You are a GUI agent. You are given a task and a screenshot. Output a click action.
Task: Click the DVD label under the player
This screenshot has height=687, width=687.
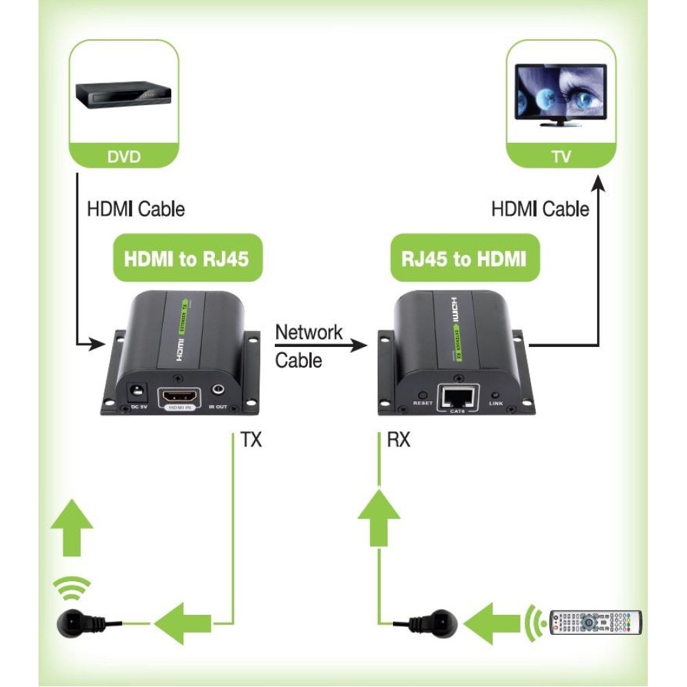(124, 156)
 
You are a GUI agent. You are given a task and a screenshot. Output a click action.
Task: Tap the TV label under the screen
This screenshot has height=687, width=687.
(561, 156)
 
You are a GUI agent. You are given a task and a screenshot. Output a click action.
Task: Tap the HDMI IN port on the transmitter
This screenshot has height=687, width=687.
(180, 398)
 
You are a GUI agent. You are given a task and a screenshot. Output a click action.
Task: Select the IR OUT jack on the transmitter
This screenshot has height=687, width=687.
(218, 392)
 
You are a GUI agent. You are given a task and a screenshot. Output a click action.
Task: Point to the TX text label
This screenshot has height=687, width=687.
(251, 440)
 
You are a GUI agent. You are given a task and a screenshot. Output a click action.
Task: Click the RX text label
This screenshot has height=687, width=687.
(398, 440)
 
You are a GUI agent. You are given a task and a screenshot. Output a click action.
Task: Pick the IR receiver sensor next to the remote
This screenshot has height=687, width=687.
(437, 622)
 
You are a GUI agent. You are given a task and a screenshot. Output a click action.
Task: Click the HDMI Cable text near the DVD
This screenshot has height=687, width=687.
(135, 209)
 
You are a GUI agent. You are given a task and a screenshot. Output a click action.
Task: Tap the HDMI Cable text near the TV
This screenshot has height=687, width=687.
(540, 209)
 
